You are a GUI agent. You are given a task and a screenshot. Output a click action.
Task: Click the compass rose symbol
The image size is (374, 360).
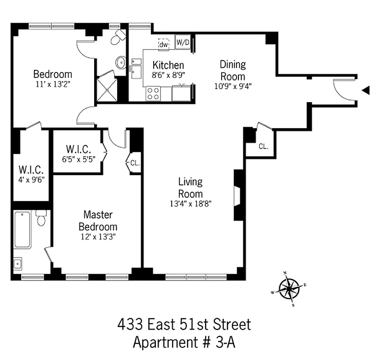point(289,288)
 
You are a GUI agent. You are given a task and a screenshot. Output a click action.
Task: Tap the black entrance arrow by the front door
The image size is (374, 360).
point(365,91)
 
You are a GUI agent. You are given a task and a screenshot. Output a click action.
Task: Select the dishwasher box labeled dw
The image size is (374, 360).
point(164,44)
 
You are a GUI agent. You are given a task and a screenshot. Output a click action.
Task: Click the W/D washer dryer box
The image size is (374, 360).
point(182,43)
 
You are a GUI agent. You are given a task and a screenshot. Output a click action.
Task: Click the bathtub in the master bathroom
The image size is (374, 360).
point(23,229)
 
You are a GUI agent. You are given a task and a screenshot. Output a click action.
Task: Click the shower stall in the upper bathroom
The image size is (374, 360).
point(106,88)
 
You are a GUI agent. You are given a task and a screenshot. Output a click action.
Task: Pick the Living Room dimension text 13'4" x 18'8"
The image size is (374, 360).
point(190,203)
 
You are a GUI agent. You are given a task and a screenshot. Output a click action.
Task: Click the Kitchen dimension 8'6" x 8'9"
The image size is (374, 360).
point(168,75)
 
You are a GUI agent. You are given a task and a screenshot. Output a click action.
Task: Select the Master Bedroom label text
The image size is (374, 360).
point(98,220)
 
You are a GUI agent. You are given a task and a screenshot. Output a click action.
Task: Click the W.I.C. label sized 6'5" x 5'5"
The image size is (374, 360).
point(78,148)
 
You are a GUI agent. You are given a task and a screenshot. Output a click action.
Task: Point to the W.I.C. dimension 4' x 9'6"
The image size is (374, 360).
point(31,179)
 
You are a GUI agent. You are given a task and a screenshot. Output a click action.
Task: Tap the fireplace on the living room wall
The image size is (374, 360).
point(237,195)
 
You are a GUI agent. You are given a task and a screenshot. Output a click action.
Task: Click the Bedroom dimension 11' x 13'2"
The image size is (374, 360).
point(53,84)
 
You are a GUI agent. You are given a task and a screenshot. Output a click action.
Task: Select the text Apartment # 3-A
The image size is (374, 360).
point(184,342)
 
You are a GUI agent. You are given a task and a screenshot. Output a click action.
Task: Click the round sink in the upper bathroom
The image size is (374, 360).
point(121,63)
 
